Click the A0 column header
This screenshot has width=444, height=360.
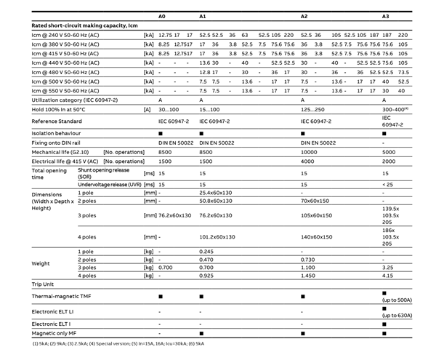pyautogui.click(x=164, y=15)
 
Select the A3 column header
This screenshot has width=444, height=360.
pyautogui.click(x=386, y=15)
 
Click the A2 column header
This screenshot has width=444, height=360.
pyautogui.click(x=304, y=15)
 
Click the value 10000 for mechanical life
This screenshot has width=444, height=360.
pyautogui.click(x=310, y=152)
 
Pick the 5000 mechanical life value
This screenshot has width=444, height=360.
pyautogui.click(x=389, y=152)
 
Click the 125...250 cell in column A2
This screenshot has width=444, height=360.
pyautogui.click(x=312, y=108)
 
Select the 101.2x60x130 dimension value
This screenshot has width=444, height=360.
pyautogui.click(x=217, y=237)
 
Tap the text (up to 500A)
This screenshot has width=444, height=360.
pyautogui.click(x=397, y=299)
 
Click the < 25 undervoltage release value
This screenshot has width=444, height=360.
pyautogui.click(x=388, y=185)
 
